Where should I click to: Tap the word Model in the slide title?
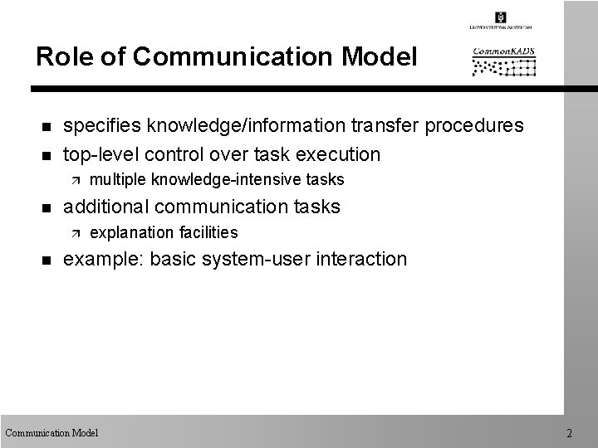click(x=379, y=57)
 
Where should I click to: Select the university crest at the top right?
click(x=500, y=17)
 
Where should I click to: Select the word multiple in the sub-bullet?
click(x=118, y=180)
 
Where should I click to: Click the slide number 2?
click(x=569, y=433)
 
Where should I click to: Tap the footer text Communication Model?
click(x=51, y=433)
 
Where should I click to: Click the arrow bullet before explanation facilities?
click(x=72, y=232)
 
